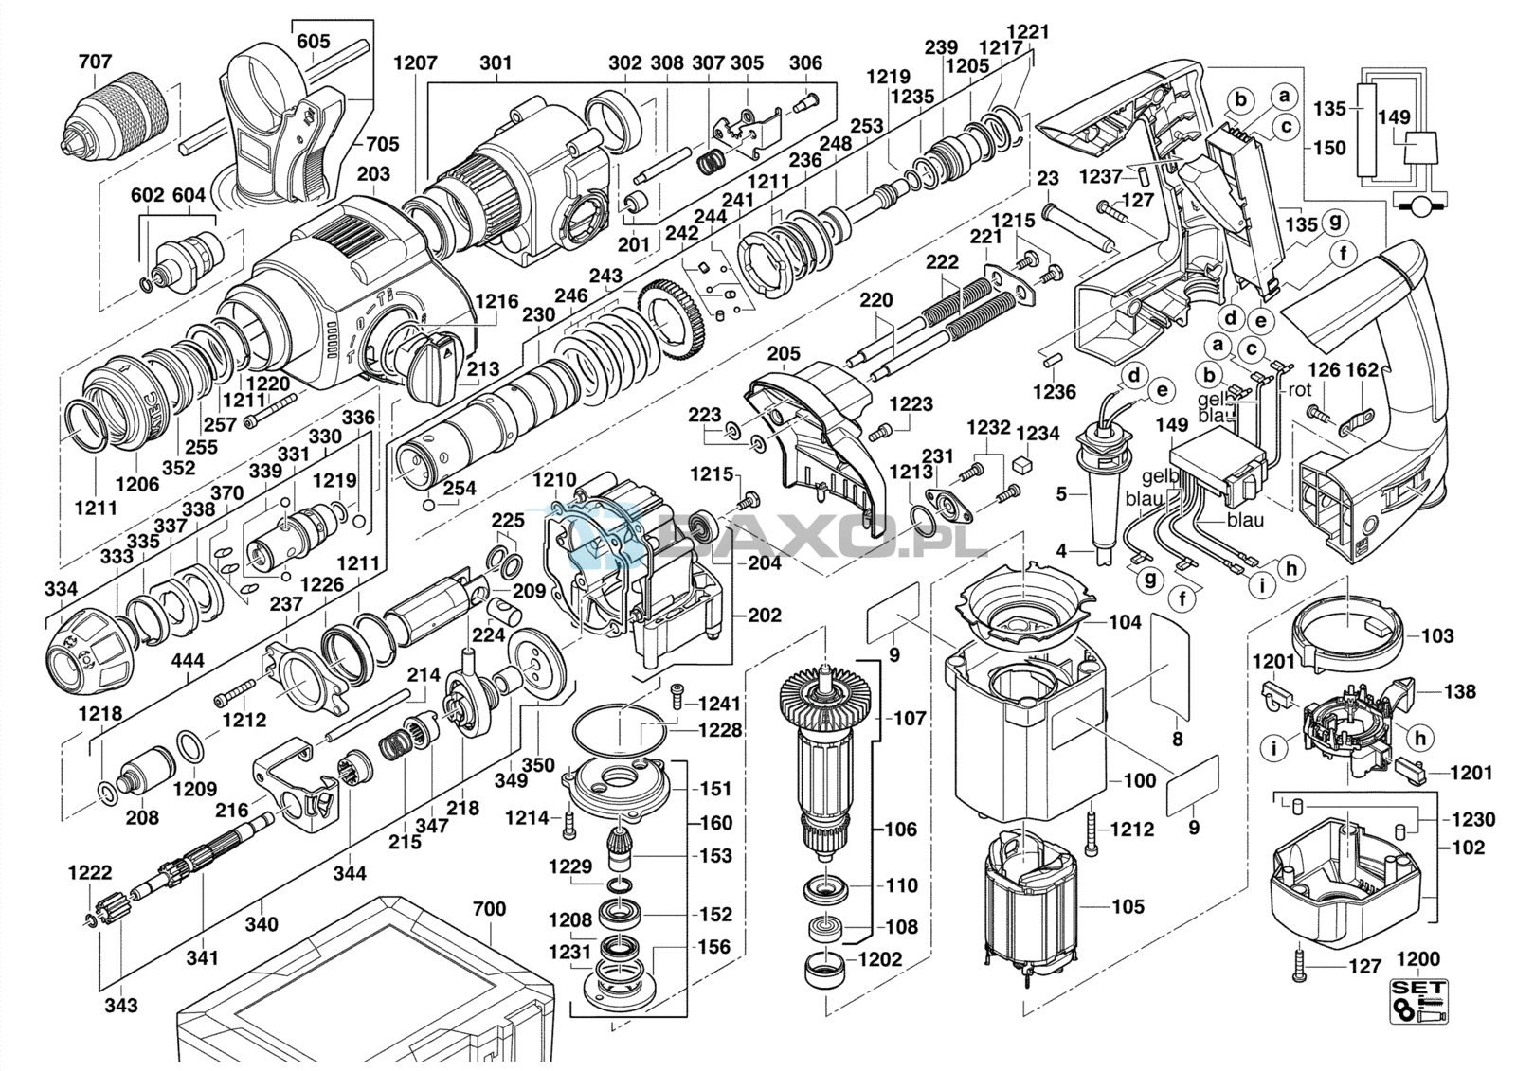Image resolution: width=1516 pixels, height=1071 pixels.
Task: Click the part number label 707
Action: (95, 62)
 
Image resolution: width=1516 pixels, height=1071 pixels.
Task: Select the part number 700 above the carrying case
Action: (489, 909)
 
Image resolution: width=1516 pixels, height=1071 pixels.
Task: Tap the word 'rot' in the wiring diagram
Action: (1300, 389)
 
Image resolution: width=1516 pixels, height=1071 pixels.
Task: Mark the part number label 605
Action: (314, 41)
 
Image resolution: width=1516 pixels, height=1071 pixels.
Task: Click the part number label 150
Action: (1329, 148)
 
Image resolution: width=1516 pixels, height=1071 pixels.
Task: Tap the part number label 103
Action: (1436, 635)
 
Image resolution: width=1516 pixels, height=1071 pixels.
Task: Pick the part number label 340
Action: (262, 923)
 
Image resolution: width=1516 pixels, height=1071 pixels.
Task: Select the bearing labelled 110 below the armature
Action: (823, 889)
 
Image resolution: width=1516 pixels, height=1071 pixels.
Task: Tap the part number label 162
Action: (1362, 369)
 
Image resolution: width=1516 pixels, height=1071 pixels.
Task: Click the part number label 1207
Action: (415, 62)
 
